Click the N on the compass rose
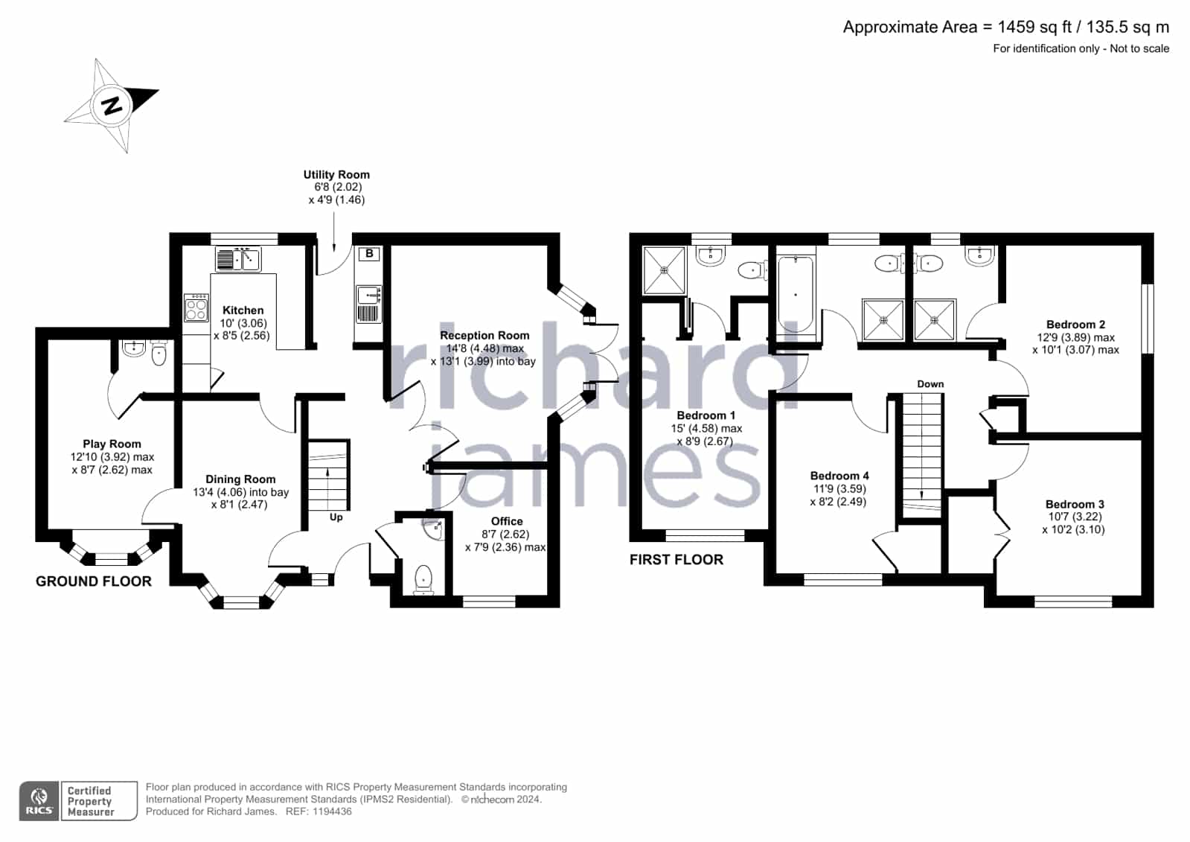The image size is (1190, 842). (112, 105)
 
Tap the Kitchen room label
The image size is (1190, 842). (243, 310)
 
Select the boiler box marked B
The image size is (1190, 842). (369, 254)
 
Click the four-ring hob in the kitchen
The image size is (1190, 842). (196, 308)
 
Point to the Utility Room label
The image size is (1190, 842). (336, 174)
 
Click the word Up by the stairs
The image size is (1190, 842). (336, 517)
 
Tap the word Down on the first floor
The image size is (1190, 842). (930, 384)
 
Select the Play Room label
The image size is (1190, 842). (112, 444)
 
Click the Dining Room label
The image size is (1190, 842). (240, 479)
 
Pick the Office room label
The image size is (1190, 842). (507, 521)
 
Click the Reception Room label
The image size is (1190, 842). (484, 336)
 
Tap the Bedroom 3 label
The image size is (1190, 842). (1075, 504)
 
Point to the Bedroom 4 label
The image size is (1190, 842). (839, 476)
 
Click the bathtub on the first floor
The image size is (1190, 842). (796, 294)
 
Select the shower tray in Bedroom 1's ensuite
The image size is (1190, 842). (664, 270)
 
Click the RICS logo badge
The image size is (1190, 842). (39, 800)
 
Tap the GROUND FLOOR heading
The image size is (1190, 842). (94, 581)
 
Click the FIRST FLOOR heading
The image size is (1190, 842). (676, 559)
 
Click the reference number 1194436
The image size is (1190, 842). (332, 811)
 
